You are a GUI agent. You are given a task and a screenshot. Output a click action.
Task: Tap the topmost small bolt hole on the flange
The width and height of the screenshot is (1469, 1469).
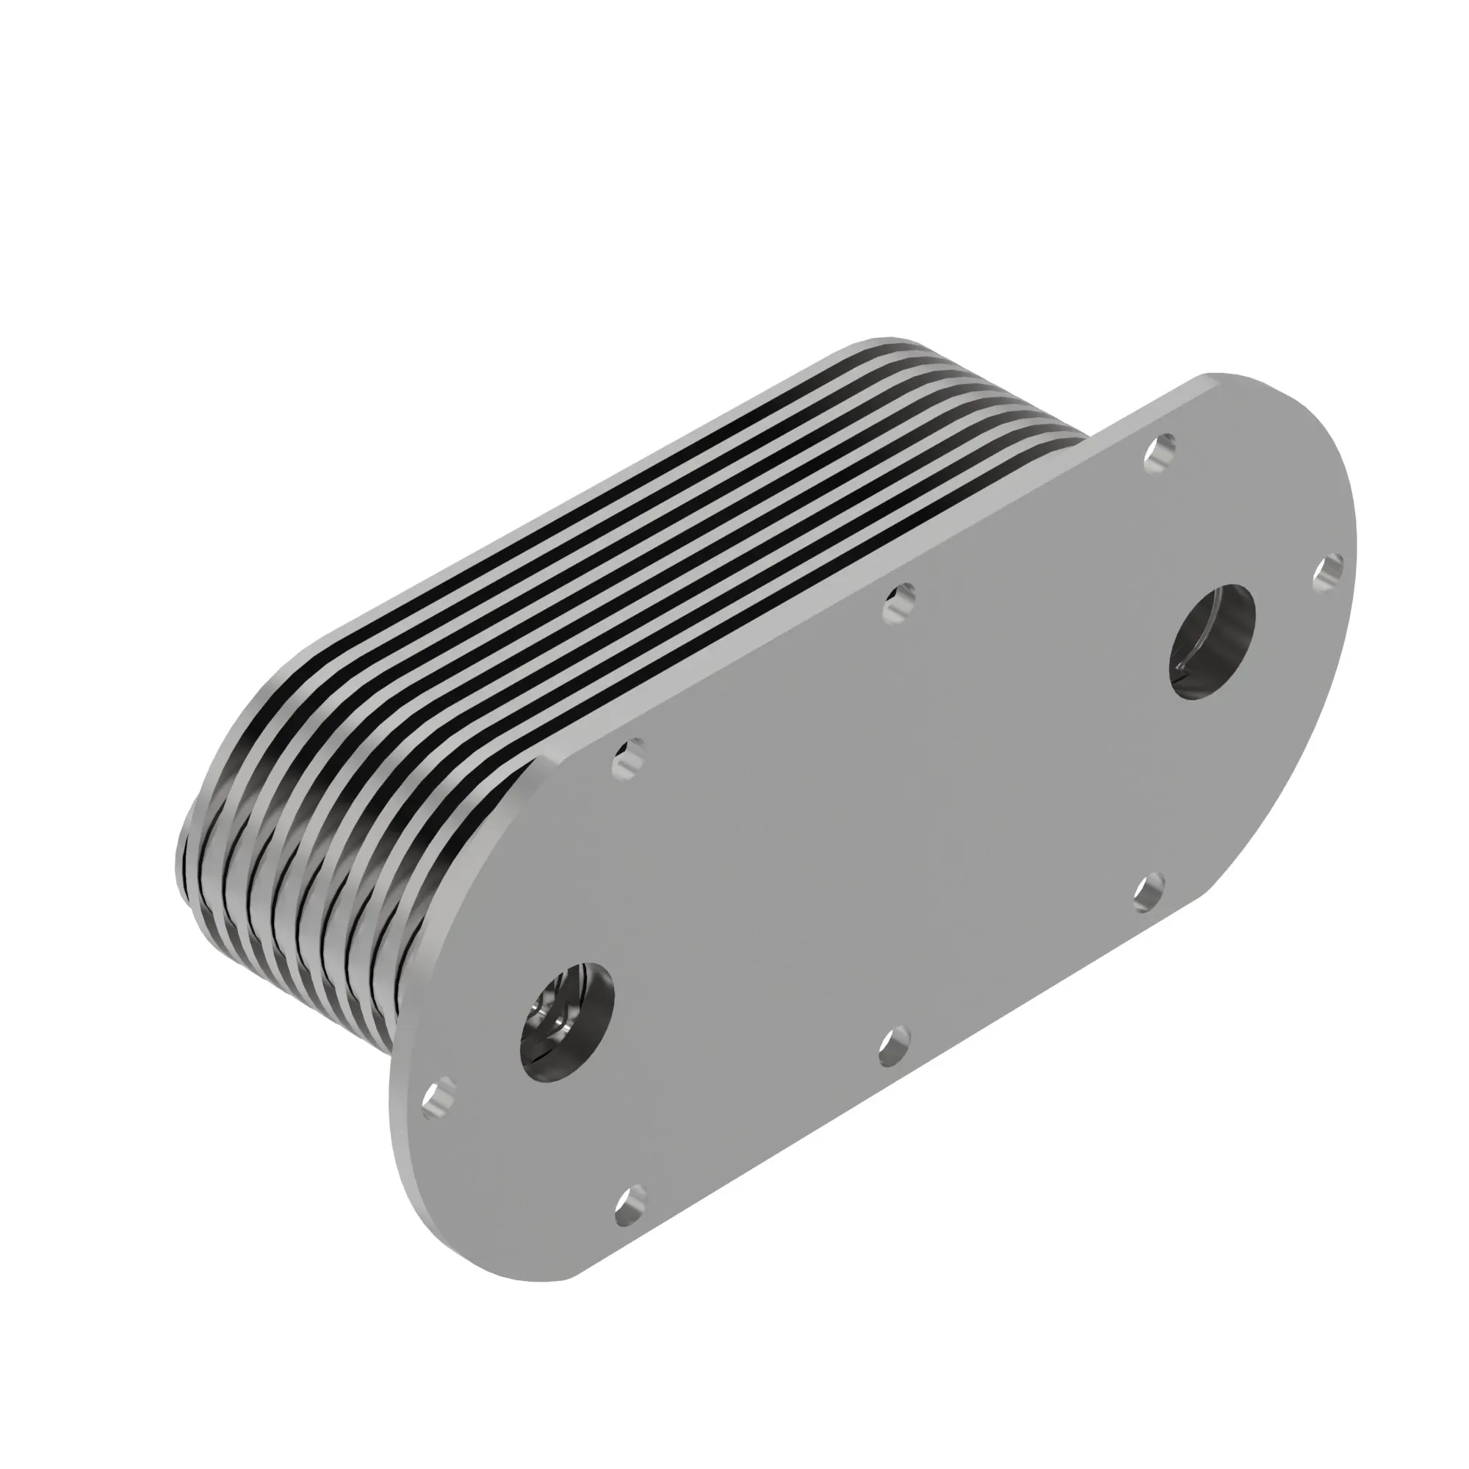click(x=1159, y=455)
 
